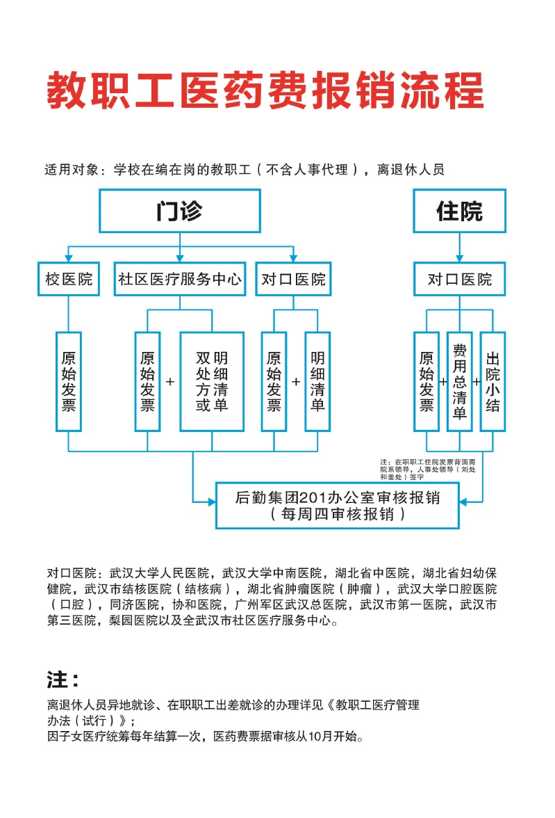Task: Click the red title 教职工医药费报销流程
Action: click(265, 90)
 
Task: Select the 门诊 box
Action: click(179, 211)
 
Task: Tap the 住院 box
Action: click(459, 211)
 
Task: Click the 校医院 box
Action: click(69, 279)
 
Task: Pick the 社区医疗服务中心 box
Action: click(179, 279)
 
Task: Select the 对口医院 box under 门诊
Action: click(292, 279)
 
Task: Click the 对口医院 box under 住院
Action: click(459, 279)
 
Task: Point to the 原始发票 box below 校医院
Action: click(69, 381)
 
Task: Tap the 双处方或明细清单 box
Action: click(212, 381)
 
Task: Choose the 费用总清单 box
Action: click(459, 381)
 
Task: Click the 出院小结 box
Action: click(492, 381)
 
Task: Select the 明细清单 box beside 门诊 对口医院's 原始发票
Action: click(317, 381)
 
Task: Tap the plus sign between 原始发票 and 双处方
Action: click(169, 382)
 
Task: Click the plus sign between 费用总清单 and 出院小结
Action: click(477, 382)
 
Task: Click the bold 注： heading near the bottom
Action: click(63, 679)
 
